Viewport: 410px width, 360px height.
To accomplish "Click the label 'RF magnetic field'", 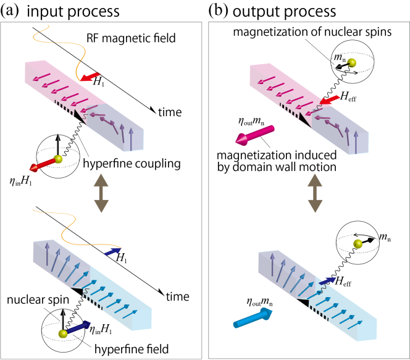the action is pyautogui.click(x=131, y=38).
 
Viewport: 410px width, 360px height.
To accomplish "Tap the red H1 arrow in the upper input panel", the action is pyautogui.click(x=90, y=77).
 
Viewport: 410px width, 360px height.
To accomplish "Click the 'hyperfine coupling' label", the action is pyautogui.click(x=132, y=164).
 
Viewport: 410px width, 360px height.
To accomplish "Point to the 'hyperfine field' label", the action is pyautogui.click(x=132, y=349).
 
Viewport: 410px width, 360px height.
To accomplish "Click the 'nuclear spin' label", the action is pyautogui.click(x=38, y=300).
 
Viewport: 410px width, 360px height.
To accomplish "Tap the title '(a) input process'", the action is pyautogui.click(x=60, y=11).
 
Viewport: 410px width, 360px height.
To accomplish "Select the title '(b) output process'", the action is pyautogui.click(x=272, y=11).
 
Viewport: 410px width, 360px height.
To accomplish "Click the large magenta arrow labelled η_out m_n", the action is pyautogui.click(x=254, y=135).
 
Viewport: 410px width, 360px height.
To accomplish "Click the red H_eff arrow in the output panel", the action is pyautogui.click(x=330, y=100).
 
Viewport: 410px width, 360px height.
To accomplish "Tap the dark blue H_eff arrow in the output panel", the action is pyautogui.click(x=327, y=281).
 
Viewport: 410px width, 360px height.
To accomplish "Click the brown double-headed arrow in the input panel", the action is pyautogui.click(x=101, y=193).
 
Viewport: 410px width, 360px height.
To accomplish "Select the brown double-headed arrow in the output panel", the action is pyautogui.click(x=315, y=193).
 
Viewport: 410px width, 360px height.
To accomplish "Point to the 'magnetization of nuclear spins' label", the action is pyautogui.click(x=312, y=32).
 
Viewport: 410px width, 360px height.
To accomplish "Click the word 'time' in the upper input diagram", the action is pyautogui.click(x=170, y=112).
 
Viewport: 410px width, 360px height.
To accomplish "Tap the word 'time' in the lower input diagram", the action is pyautogui.click(x=178, y=296).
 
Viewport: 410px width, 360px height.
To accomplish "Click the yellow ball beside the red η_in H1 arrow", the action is pyautogui.click(x=58, y=159).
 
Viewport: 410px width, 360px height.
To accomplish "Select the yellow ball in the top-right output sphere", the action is pyautogui.click(x=352, y=63).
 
